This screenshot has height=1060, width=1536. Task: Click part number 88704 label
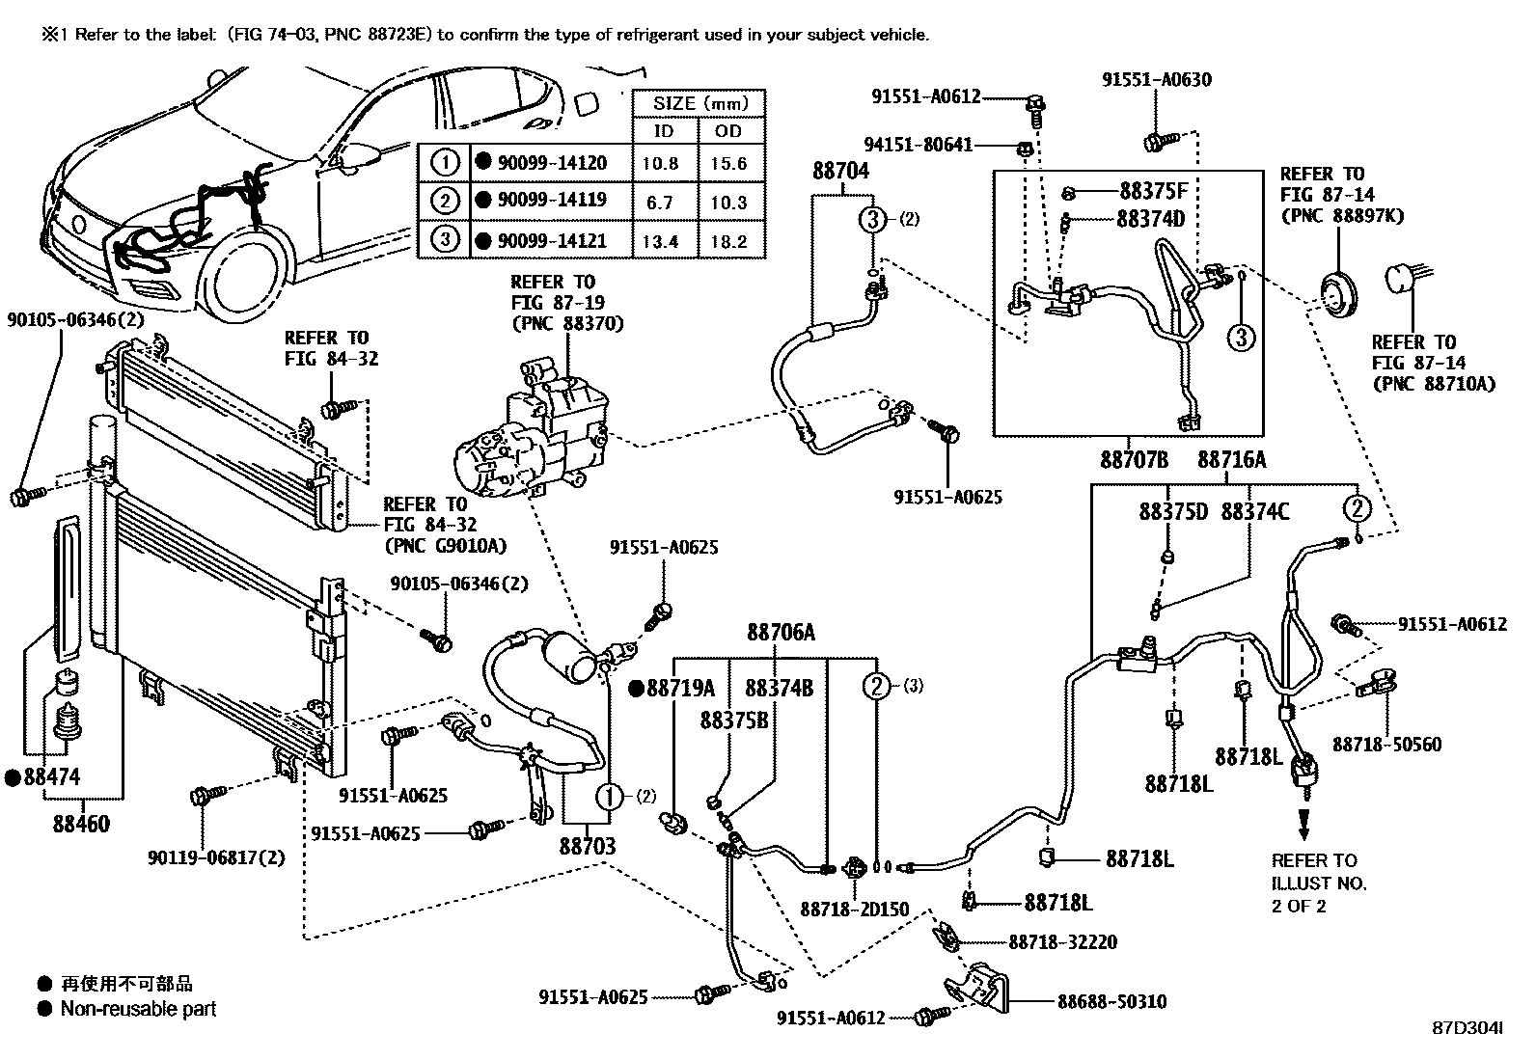tap(839, 172)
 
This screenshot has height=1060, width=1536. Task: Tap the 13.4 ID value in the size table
tap(660, 241)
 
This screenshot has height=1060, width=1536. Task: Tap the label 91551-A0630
tap(1157, 81)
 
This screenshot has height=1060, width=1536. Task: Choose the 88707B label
tap(1134, 460)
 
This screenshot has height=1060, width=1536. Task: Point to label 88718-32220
tap(1062, 941)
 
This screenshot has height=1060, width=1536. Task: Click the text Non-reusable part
tap(138, 1009)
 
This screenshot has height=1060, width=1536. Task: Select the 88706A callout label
tap(780, 633)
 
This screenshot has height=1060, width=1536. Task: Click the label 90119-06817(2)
tap(217, 856)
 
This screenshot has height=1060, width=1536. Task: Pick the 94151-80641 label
tap(918, 146)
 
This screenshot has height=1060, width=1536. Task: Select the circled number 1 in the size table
tap(444, 162)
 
